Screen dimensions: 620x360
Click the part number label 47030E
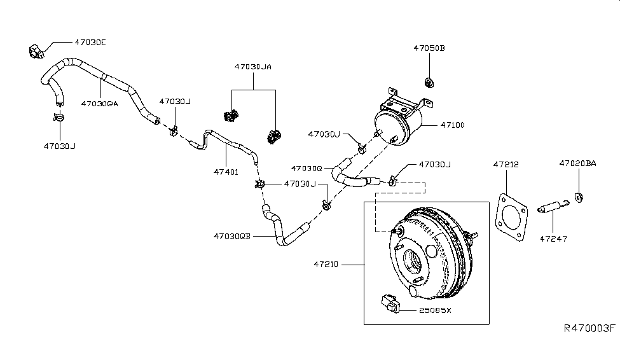tap(90, 43)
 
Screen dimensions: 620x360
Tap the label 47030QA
tap(100, 104)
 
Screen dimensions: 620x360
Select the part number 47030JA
tap(253, 67)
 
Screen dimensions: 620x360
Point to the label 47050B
tap(429, 48)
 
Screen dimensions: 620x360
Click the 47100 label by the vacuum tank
tap(453, 125)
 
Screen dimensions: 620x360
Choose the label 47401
tap(226, 172)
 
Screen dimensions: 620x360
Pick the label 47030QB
tap(232, 236)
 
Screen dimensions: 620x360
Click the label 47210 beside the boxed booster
tap(326, 264)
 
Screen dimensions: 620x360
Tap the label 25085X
tap(435, 310)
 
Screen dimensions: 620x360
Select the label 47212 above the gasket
tap(506, 165)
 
